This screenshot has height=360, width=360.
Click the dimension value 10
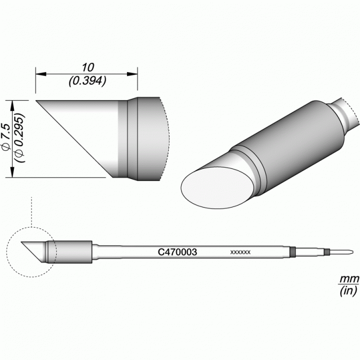[x=88, y=68]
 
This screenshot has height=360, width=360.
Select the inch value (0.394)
[x=87, y=82]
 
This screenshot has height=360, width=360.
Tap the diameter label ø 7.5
[x=5, y=137]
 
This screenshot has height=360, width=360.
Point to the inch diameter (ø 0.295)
[x=20, y=138]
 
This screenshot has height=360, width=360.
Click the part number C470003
[x=177, y=252]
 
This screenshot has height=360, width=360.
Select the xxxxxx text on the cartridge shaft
[x=240, y=253]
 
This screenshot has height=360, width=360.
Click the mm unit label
[x=349, y=279]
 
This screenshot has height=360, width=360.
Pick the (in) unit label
[x=348, y=291]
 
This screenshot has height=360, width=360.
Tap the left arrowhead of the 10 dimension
[x=41, y=74]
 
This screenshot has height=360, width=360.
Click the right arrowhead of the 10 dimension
[x=132, y=74]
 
